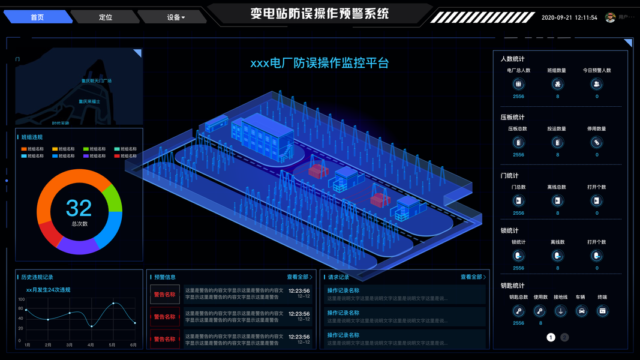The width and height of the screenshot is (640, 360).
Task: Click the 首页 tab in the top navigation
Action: tap(37, 17)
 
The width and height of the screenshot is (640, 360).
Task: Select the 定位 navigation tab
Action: tap(106, 17)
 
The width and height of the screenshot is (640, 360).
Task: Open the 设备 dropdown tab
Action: tap(175, 17)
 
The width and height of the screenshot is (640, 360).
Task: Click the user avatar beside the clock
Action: tap(611, 17)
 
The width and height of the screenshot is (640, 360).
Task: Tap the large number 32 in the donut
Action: tap(79, 208)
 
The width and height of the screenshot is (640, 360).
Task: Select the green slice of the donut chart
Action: tap(113, 197)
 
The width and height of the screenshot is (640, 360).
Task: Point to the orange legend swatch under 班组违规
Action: tap(24, 149)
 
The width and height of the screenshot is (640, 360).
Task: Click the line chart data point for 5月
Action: tap(113, 303)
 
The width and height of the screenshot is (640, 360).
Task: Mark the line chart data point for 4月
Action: tap(92, 326)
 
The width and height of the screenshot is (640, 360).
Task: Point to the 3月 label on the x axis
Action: tap(70, 345)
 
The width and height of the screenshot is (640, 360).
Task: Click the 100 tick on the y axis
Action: tap(21, 299)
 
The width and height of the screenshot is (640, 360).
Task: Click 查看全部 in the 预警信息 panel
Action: tap(299, 277)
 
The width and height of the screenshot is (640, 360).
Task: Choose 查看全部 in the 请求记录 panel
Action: tap(473, 277)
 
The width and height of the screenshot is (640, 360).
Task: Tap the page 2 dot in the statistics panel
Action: tap(564, 337)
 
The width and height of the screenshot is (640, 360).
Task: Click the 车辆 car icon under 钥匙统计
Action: tap(581, 311)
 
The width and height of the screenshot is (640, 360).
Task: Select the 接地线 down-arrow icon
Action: tap(560, 311)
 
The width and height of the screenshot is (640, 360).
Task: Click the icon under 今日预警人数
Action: tap(597, 84)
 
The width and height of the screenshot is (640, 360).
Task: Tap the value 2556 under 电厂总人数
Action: tap(518, 97)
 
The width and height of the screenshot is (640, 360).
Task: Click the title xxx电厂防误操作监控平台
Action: tap(319, 63)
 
